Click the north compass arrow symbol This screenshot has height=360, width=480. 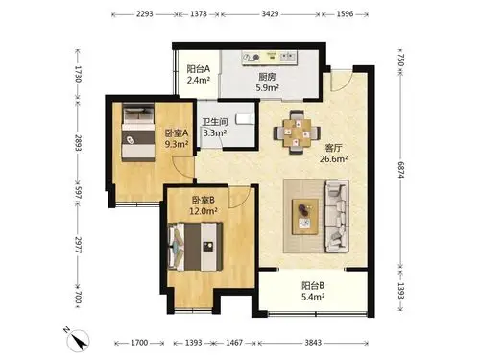click(x=78, y=340)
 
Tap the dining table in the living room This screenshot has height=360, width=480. click(x=297, y=132)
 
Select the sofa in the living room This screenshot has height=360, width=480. click(x=337, y=216)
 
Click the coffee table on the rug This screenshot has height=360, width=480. click(x=305, y=217)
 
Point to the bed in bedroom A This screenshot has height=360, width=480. click(x=138, y=132)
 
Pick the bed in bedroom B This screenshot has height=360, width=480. click(x=196, y=247)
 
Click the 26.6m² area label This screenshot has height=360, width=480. click(x=334, y=158)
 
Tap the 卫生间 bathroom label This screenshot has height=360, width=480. click(x=215, y=122)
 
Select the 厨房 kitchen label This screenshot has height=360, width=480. click(x=267, y=77)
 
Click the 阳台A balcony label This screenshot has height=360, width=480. click(x=199, y=69)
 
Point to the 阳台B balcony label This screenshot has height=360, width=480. click(x=313, y=285)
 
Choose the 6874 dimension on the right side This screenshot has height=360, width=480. click(x=401, y=170)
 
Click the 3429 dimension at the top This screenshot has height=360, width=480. click(x=270, y=14)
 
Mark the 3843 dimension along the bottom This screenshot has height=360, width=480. click(x=313, y=343)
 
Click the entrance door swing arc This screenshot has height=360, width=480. click(x=342, y=82)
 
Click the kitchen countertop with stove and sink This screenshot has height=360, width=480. click(x=269, y=58)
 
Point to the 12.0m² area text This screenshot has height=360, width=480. click(x=204, y=211)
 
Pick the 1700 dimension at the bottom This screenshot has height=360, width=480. click(x=139, y=343)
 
